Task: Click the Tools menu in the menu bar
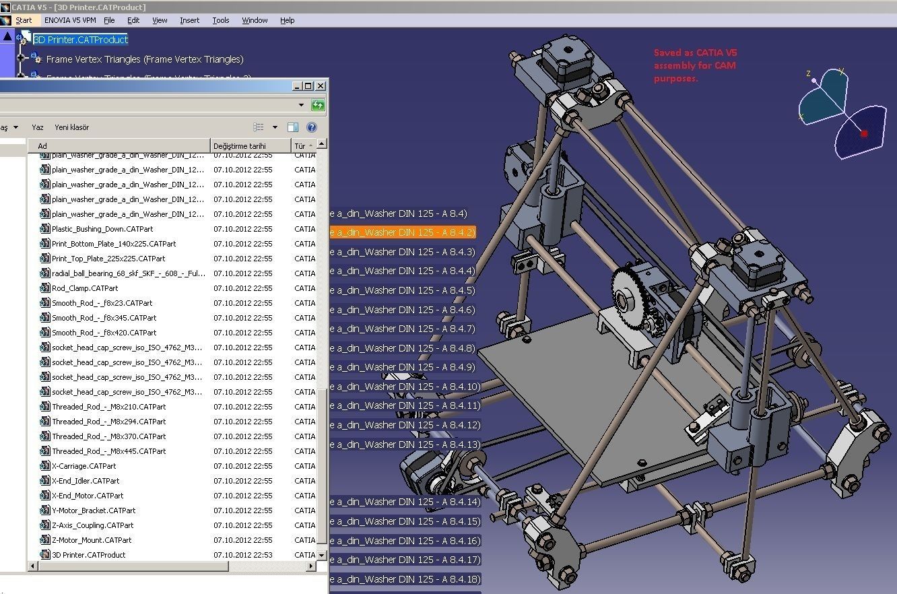click(x=221, y=20)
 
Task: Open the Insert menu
click(x=189, y=20)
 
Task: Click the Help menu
click(x=288, y=20)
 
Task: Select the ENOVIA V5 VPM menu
click(x=70, y=20)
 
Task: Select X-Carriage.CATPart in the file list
click(x=84, y=466)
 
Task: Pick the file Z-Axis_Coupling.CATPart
click(x=92, y=525)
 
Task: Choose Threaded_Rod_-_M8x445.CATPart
click(x=108, y=451)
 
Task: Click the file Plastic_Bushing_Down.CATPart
click(x=98, y=229)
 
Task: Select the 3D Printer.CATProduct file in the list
click(x=88, y=555)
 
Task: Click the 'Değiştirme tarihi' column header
click(x=240, y=145)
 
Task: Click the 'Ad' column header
click(x=42, y=145)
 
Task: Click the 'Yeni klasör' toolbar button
click(x=71, y=127)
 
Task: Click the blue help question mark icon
click(x=312, y=127)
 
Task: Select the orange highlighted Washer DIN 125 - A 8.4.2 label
click(x=402, y=232)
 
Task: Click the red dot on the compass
click(x=864, y=134)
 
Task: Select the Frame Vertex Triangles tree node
click(x=144, y=59)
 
